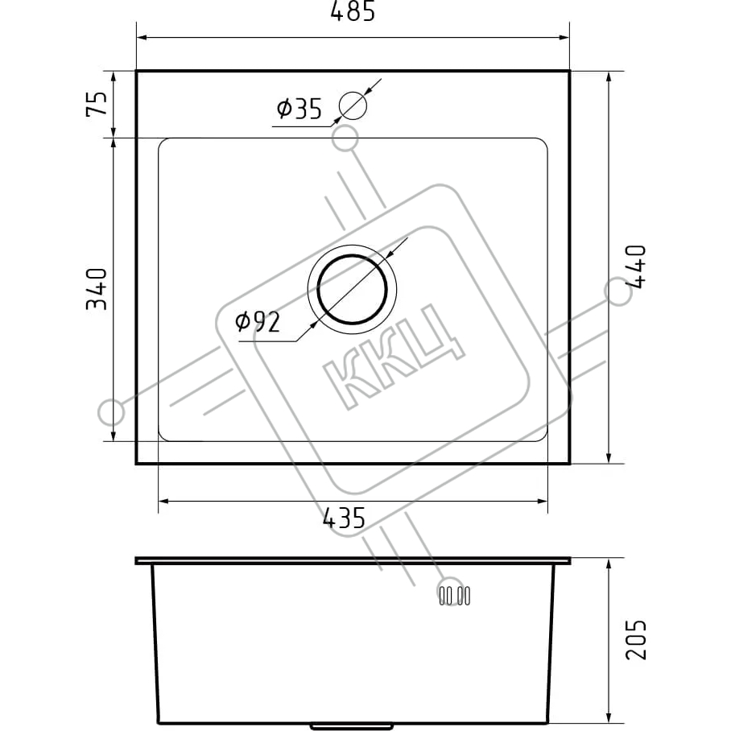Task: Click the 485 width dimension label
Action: (353, 11)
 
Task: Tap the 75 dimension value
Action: (97, 104)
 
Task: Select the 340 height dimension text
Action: (97, 289)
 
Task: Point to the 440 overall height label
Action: (635, 267)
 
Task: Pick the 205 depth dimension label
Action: (635, 639)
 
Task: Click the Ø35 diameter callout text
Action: (299, 109)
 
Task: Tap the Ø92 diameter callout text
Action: (258, 321)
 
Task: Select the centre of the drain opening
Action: (352, 289)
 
